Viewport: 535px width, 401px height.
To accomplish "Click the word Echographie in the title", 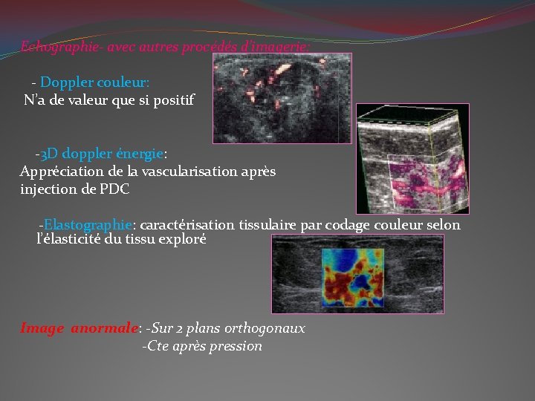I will tap(60, 47).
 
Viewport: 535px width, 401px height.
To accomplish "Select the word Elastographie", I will tap(88, 224).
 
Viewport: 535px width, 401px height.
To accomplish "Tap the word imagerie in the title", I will tap(285, 47).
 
